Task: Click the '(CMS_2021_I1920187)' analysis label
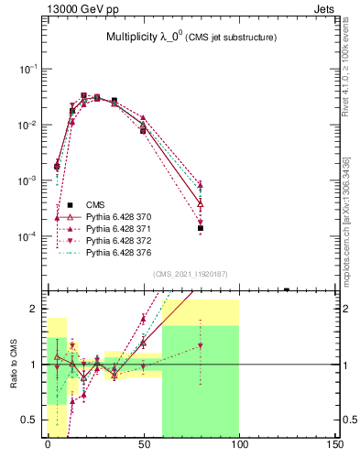[x=191, y=274]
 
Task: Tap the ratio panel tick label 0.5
[x=30, y=420]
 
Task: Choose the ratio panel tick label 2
[x=35, y=309]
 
